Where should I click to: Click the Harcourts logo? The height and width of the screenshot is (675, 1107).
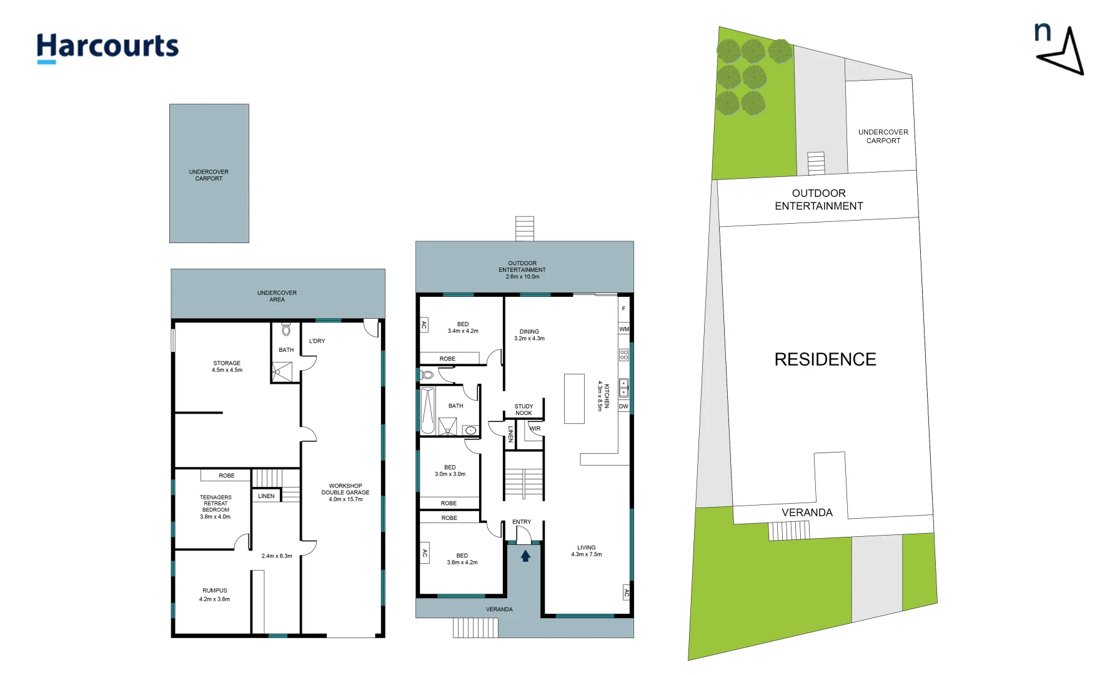[107, 47]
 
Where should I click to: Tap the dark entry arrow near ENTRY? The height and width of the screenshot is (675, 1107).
[525, 555]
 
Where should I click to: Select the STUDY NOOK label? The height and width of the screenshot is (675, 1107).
[524, 409]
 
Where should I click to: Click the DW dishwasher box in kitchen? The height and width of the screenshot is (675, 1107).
[623, 406]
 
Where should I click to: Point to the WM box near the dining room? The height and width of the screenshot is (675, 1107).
[624, 329]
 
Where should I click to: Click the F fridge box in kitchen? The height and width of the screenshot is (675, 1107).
[623, 309]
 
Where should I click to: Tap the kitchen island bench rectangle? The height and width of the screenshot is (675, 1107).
[574, 399]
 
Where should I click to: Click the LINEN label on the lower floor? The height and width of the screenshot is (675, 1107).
[266, 496]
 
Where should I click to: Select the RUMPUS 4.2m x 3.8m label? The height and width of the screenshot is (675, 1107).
[214, 594]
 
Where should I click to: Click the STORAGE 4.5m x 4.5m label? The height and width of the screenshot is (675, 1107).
[227, 366]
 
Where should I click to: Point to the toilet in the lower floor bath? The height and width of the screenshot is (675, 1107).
[286, 329]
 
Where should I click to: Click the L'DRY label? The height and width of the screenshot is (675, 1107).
[317, 341]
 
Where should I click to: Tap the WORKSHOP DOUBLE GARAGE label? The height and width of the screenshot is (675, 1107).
[345, 492]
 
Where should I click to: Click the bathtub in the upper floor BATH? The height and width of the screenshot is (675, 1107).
[428, 410]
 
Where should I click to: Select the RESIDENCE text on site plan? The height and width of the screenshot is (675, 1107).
[825, 359]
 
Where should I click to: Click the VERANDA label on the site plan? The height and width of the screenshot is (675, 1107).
[807, 512]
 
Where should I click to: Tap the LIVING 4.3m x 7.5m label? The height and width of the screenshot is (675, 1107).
[586, 551]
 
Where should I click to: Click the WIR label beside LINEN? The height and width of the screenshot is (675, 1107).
[535, 429]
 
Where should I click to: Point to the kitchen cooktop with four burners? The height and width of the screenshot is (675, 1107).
[623, 354]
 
